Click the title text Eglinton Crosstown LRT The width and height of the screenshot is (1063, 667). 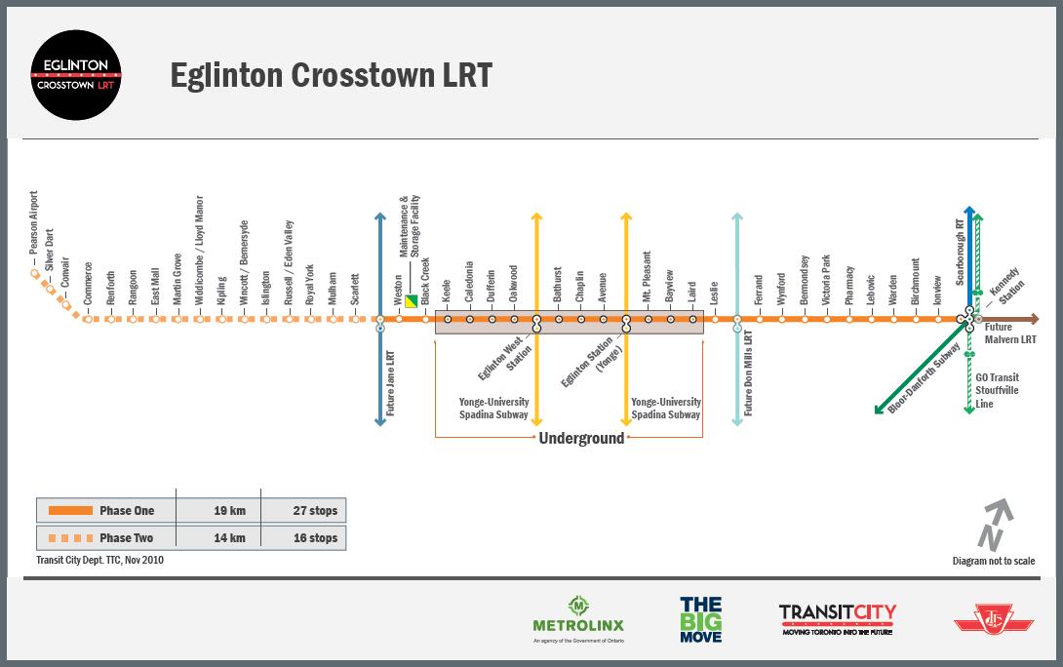click(x=331, y=75)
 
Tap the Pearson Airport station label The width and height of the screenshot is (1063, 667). click(x=34, y=229)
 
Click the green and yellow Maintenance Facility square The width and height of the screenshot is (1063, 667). click(x=412, y=301)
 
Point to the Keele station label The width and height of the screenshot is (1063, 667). click(x=447, y=289)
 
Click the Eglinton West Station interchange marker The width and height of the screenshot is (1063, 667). click(x=536, y=323)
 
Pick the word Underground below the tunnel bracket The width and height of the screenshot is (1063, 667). click(x=581, y=438)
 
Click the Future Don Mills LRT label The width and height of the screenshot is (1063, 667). click(x=749, y=373)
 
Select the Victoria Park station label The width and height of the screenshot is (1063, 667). click(x=827, y=281)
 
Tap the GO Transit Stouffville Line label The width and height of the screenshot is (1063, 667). click(x=997, y=390)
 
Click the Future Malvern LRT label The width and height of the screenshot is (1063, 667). click(x=1009, y=334)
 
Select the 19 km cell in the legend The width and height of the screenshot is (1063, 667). click(x=229, y=511)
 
